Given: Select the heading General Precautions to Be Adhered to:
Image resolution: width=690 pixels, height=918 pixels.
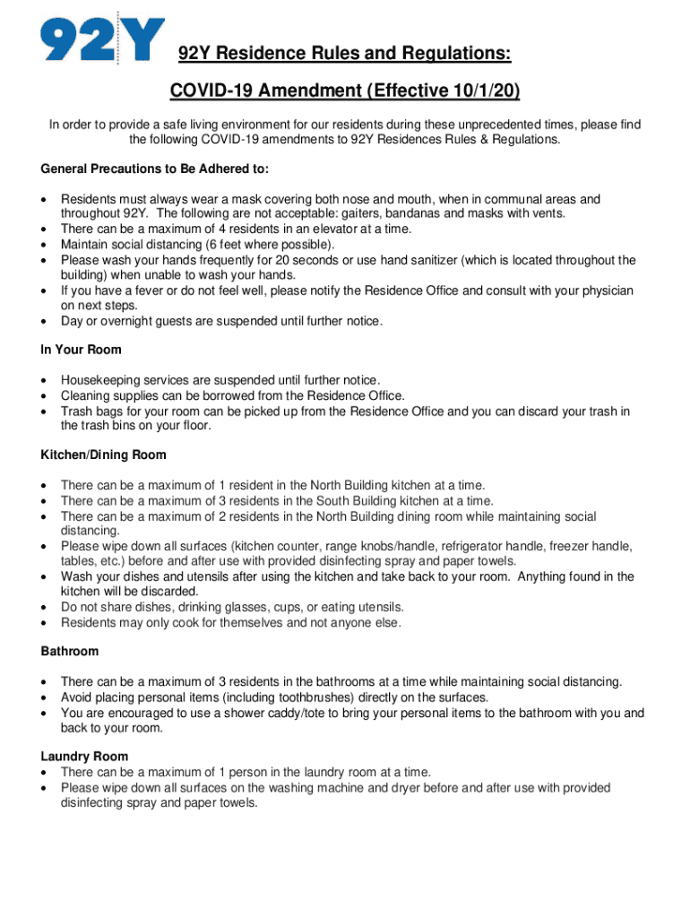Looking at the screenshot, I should coord(154,169).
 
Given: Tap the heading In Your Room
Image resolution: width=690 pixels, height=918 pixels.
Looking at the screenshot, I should coord(82,350).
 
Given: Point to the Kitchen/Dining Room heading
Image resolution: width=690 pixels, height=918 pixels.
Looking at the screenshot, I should coord(103,455).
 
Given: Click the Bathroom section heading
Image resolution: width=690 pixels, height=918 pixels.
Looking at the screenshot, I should coord(70,651).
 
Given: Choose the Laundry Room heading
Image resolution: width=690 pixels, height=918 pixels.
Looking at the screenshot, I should coord(84,757).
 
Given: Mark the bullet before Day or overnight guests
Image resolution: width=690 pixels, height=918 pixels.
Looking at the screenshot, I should coord(45,322).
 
